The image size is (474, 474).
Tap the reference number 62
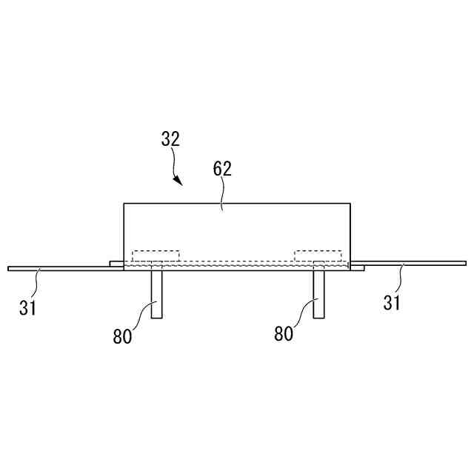[x=222, y=169]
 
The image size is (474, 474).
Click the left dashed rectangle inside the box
[x=156, y=256]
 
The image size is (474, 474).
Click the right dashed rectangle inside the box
[x=318, y=256]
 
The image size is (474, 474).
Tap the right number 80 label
[x=284, y=334]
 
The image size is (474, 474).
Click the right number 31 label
[x=393, y=302]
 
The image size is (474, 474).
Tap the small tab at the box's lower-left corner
[x=116, y=263]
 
